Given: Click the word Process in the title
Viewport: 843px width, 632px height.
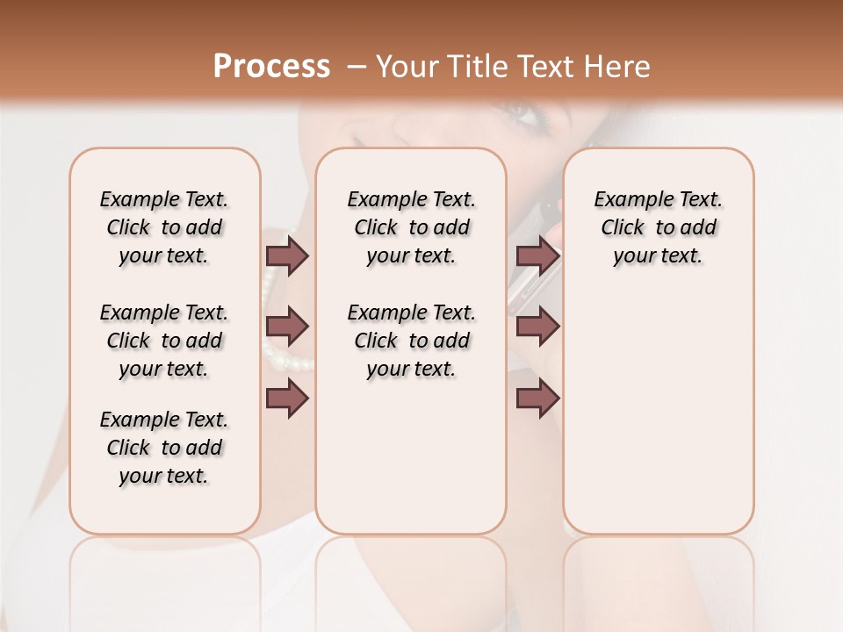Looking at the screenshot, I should [271, 67].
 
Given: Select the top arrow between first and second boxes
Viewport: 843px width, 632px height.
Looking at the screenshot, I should [287, 255].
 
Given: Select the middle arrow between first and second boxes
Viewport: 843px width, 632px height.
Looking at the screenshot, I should [287, 327].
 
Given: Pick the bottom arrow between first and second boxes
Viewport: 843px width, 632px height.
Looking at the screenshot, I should [287, 399].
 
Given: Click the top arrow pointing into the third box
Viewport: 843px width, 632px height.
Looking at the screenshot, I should [538, 255].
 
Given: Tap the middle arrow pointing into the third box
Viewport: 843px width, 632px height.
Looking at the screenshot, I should [538, 327].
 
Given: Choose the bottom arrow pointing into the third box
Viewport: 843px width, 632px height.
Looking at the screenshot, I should [538, 399].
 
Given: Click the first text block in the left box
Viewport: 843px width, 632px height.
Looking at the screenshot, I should [164, 227].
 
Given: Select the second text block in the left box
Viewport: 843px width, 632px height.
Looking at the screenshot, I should [164, 341].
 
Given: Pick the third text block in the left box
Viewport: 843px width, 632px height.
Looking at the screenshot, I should [164, 448].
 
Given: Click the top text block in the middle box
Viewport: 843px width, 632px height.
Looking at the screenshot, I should [411, 227].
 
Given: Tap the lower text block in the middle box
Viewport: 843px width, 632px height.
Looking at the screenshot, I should [411, 341].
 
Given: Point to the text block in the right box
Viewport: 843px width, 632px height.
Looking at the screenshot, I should [658, 227].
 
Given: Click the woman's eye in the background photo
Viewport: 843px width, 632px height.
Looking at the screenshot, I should [515, 114].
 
